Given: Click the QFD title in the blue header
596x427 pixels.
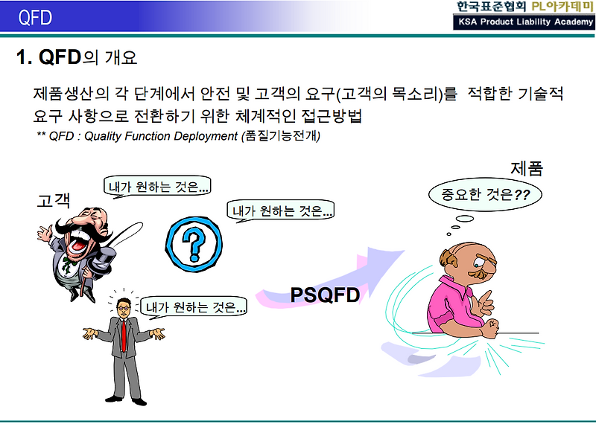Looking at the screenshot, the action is pyautogui.click(x=35, y=17).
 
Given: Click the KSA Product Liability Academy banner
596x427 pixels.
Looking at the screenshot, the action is pyautogui.click(x=524, y=22).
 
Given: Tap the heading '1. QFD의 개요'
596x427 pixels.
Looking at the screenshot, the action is pyautogui.click(x=77, y=57).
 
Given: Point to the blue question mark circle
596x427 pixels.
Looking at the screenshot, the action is pyautogui.click(x=194, y=244).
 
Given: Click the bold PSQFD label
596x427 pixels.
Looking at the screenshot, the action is pyautogui.click(x=325, y=295).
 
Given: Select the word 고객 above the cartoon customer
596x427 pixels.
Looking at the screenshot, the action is pyautogui.click(x=54, y=200).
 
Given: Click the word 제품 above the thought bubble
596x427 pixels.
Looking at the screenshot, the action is pyautogui.click(x=527, y=169).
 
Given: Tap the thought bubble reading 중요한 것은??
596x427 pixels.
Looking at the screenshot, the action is pyautogui.click(x=485, y=194).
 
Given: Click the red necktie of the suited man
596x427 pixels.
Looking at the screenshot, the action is pyautogui.click(x=124, y=335).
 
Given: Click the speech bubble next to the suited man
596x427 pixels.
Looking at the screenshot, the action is pyautogui.click(x=193, y=306).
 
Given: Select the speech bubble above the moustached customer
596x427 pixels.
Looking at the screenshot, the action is pyautogui.click(x=157, y=187).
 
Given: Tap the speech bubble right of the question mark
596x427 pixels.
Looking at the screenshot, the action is pyautogui.click(x=281, y=211).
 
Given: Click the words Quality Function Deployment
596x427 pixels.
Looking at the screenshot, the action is pyautogui.click(x=161, y=136).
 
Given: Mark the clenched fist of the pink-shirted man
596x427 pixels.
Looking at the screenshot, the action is pyautogui.click(x=491, y=327).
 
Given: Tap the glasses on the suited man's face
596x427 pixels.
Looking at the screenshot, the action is pyautogui.click(x=123, y=307).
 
